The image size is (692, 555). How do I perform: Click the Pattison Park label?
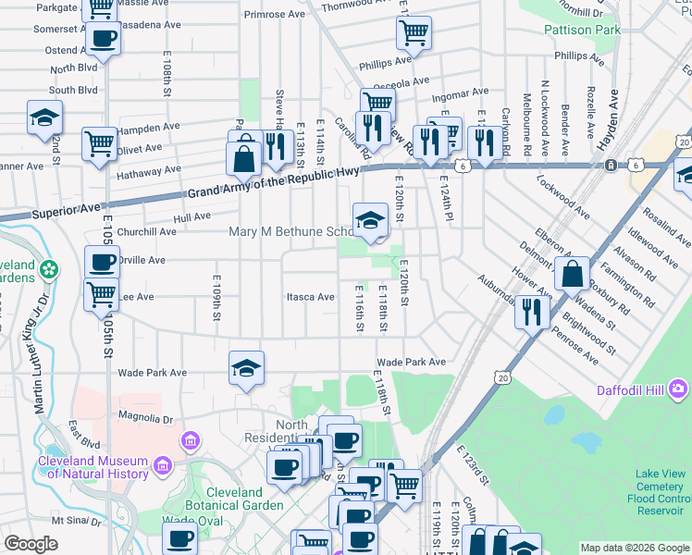582,31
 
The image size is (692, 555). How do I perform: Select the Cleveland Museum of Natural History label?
93,468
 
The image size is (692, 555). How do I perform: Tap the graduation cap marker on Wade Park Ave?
246,368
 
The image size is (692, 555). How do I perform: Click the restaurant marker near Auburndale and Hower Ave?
532,311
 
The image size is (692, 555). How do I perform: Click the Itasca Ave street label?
310,297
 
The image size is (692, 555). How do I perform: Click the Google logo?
31,544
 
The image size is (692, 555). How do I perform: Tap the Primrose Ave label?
274,15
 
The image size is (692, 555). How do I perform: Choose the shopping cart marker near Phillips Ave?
414,33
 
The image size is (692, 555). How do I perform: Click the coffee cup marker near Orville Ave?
102,262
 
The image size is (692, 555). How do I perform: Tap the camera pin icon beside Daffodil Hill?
680,388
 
